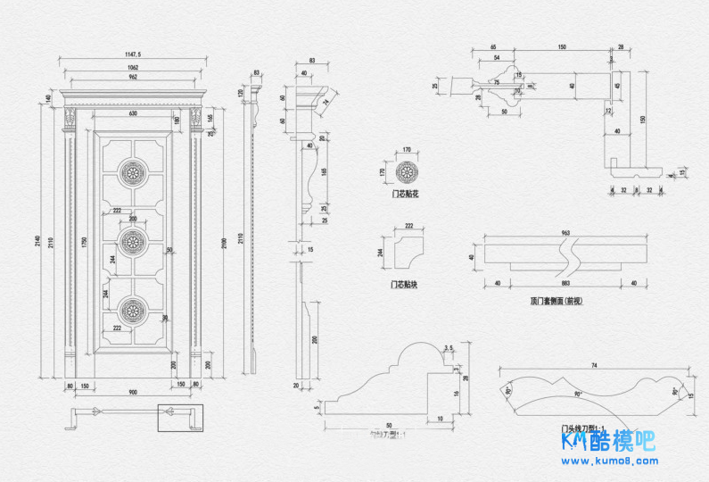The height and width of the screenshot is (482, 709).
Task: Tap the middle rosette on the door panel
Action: pyautogui.click(x=133, y=240)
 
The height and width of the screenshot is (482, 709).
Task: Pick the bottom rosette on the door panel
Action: pyautogui.click(x=133, y=310)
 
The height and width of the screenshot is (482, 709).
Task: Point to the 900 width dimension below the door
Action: pyautogui.click(x=133, y=393)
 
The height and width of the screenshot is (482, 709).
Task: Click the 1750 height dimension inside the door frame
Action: pyautogui.click(x=84, y=241)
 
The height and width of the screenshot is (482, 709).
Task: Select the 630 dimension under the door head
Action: pyautogui.click(x=133, y=114)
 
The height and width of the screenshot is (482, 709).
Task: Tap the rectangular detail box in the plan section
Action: pyautogui.click(x=180, y=418)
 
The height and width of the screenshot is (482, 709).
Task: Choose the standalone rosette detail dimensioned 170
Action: pyautogui.click(x=406, y=171)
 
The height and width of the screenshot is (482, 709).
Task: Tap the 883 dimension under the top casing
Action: pyautogui.click(x=565, y=284)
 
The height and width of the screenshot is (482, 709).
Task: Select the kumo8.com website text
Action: pyautogui.click(x=608, y=461)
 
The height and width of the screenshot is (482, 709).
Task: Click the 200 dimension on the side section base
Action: pyautogui.click(x=315, y=339)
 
